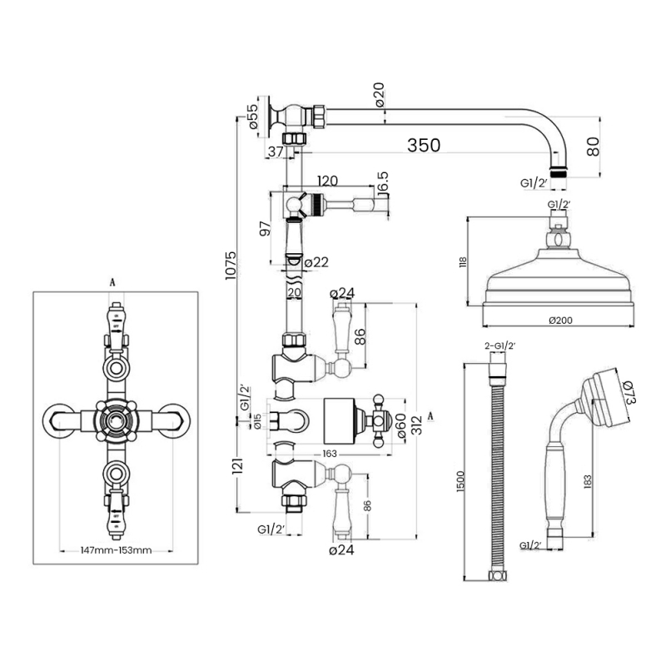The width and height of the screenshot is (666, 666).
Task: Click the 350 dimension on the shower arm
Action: [x=423, y=145]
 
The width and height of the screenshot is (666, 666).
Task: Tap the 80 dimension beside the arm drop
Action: [x=593, y=147]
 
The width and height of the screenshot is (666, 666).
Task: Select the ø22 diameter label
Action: [x=317, y=262]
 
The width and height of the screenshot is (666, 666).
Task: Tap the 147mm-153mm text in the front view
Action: [x=116, y=550]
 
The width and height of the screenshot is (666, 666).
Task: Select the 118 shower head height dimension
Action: [x=463, y=261]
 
